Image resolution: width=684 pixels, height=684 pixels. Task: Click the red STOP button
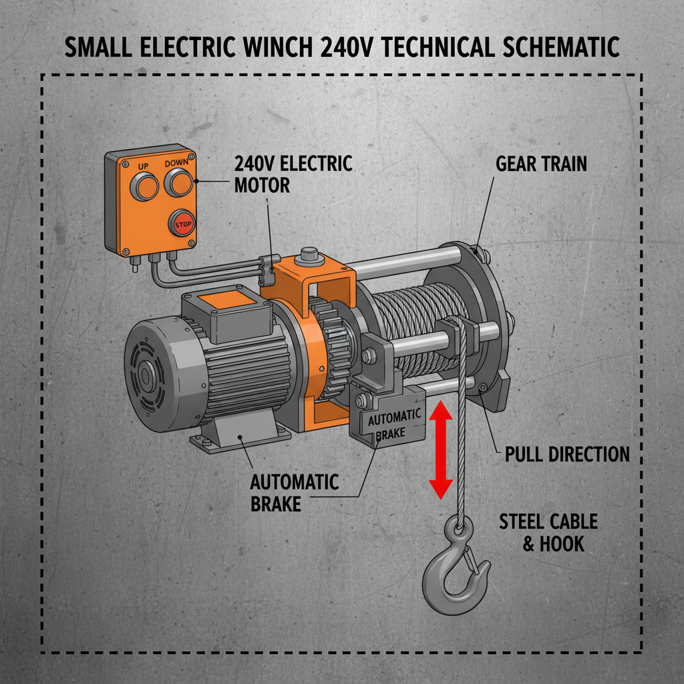point(182,224)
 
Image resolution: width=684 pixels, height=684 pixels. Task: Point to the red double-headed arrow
point(440,449)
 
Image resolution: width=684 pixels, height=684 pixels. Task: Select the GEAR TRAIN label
point(541,164)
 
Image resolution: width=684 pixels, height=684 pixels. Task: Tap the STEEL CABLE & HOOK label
point(548,532)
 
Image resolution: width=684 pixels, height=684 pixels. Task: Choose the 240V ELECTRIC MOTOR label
point(293,174)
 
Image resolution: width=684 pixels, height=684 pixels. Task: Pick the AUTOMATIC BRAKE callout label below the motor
point(294,492)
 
